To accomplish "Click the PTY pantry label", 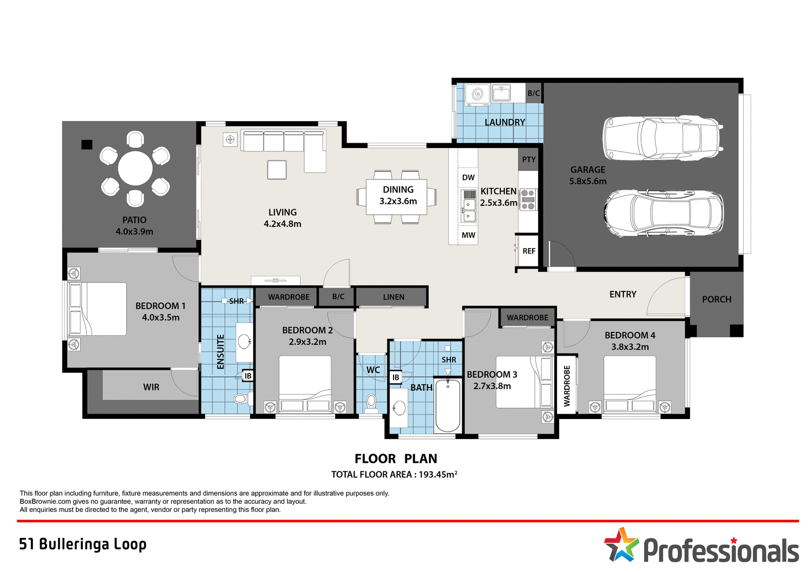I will pyautogui.click(x=528, y=159).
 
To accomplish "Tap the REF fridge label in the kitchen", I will pyautogui.click(x=528, y=251).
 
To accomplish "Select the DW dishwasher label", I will pyautogui.click(x=468, y=177).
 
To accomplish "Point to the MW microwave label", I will pyautogui.click(x=468, y=235).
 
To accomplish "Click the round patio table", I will pyautogui.click(x=135, y=169).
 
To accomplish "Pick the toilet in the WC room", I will pyautogui.click(x=371, y=403).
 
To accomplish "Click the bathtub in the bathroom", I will pyautogui.click(x=448, y=405).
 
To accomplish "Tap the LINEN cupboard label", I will pyautogui.click(x=394, y=297).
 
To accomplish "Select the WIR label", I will pyautogui.click(x=151, y=387).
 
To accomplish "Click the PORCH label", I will pyautogui.click(x=716, y=299).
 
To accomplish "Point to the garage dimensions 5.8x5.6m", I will pyautogui.click(x=587, y=181).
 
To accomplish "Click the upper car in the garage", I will pyautogui.click(x=663, y=138).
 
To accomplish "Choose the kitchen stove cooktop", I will pyautogui.click(x=528, y=199).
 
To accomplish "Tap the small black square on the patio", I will pyautogui.click(x=87, y=144).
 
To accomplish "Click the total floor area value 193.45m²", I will pyautogui.click(x=438, y=475).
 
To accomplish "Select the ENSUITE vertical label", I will pyautogui.click(x=220, y=352).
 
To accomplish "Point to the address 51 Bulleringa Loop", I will pyautogui.click(x=83, y=544).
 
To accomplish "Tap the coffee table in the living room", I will pyautogui.click(x=277, y=170).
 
